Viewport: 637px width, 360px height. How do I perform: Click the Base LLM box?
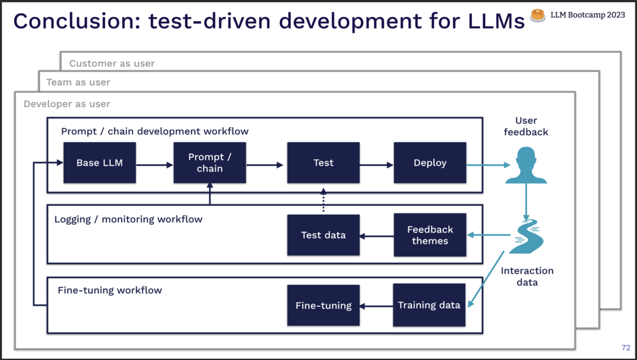tap(99, 163)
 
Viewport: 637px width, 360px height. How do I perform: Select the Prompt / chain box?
tap(210, 163)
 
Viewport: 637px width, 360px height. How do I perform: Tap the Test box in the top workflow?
tap(323, 163)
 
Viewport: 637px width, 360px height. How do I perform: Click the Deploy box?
tap(429, 163)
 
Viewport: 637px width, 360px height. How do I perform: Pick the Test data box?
tap(323, 235)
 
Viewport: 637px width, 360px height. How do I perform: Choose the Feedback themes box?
tap(429, 235)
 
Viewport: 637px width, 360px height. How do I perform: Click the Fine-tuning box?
tap(323, 305)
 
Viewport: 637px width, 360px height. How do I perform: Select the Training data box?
tap(429, 305)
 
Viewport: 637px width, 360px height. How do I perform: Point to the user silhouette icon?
tap(526, 165)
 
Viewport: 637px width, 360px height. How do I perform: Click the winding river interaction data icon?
tap(526, 236)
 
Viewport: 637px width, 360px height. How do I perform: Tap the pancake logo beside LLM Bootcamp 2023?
tap(538, 15)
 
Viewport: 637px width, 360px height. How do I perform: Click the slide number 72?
tap(625, 348)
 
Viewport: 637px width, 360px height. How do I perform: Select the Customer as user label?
tap(112, 64)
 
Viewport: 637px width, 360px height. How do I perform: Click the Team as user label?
tap(78, 82)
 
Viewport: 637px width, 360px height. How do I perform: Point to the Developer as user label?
tap(67, 104)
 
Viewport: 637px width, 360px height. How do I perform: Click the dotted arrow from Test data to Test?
tap(323, 201)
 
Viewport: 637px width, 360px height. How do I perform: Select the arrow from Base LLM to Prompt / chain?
tap(155, 165)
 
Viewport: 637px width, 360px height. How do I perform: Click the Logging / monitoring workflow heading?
tap(128, 219)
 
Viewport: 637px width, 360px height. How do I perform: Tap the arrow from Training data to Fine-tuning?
tap(376, 306)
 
